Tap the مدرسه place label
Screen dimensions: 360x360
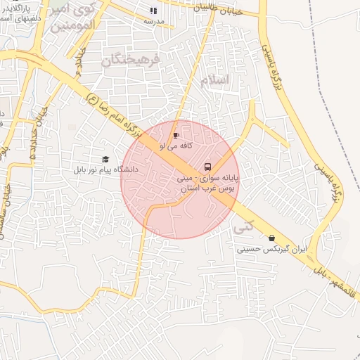[154, 22]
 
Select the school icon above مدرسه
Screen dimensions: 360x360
[154, 11]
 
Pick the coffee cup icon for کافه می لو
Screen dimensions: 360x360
[176, 134]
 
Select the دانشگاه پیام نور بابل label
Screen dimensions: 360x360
[105, 169]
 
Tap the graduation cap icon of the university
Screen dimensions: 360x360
[105, 160]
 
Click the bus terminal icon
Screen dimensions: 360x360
[207, 167]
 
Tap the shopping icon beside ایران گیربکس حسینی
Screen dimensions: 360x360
[271, 238]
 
